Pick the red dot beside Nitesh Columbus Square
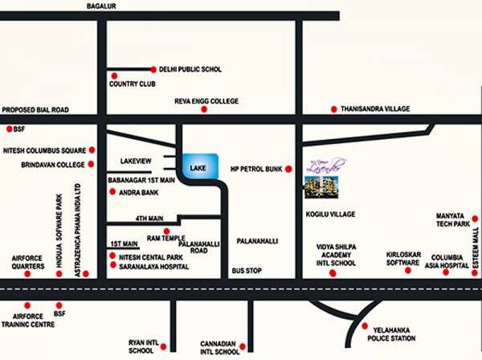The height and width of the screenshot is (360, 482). click(92, 149)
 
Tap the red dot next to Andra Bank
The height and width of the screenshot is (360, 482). click(111, 193)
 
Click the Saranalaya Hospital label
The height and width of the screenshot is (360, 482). click(153, 267)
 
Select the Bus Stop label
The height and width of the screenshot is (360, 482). click(247, 272)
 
